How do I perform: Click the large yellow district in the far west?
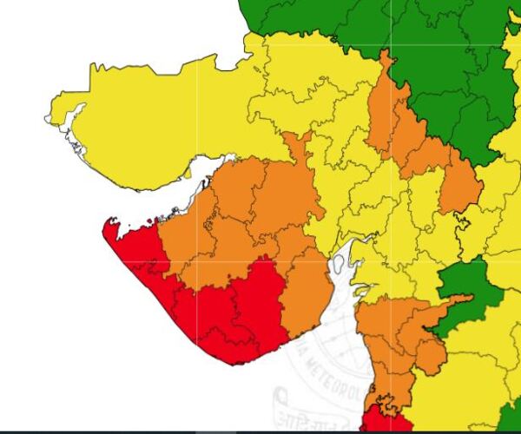[148, 122]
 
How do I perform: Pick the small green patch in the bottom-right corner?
[512, 417]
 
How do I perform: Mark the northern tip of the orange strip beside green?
[384, 56]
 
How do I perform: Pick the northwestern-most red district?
[139, 247]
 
